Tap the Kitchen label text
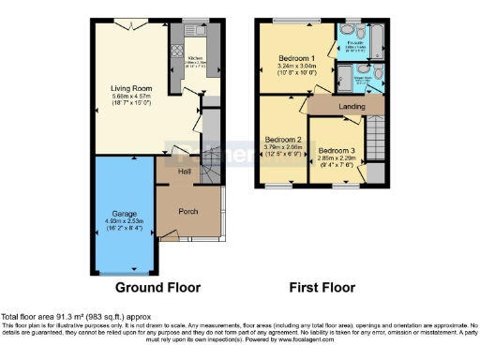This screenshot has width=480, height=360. coord(195,56)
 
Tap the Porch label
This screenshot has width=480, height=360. coord(187,211)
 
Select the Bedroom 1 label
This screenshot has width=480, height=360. coord(300,59)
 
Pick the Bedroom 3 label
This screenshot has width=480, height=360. coord(335,151)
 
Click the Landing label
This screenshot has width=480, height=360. coord(352,107)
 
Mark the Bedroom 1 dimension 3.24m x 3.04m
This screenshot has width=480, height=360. coord(300,67)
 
